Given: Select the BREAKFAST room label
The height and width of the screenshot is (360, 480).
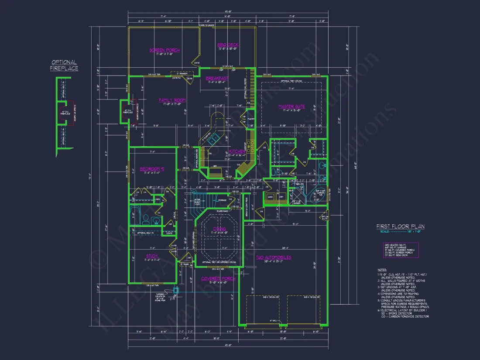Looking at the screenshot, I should (x=217, y=79).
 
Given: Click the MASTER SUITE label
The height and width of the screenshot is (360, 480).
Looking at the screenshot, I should (x=291, y=106).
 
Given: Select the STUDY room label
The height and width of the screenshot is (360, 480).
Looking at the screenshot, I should (x=152, y=256).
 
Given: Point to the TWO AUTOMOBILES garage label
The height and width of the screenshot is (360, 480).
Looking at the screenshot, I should (x=274, y=257).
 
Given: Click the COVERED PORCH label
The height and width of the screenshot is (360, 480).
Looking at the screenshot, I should (x=218, y=278).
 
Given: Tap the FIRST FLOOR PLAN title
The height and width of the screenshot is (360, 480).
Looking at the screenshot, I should (x=400, y=226).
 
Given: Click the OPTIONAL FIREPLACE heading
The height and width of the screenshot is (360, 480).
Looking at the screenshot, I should (x=64, y=65).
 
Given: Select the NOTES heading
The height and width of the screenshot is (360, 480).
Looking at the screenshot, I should (x=382, y=270).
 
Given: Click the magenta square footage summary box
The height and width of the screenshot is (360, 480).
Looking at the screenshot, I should (x=401, y=250).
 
